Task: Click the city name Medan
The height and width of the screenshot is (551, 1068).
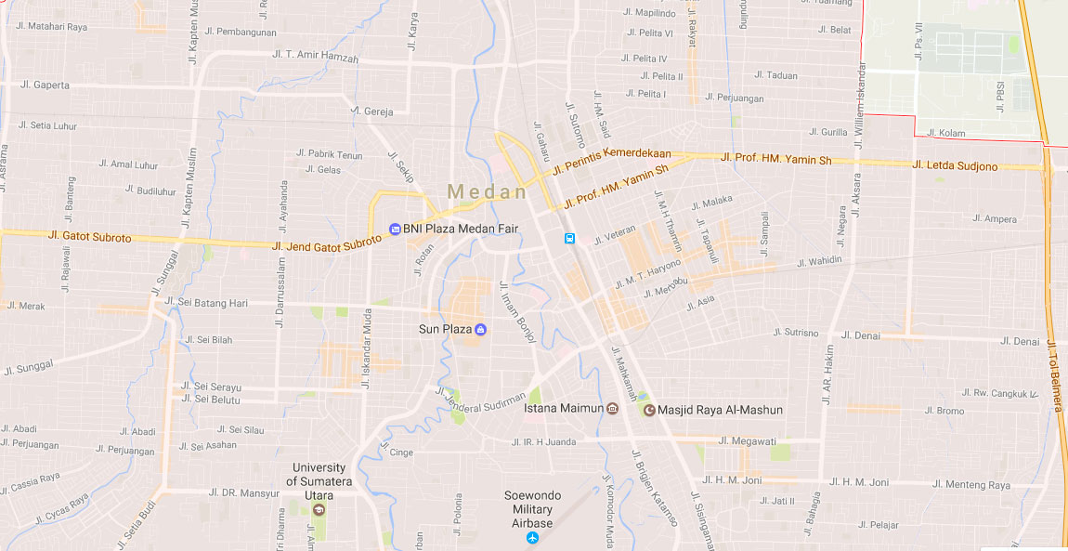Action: [x=487, y=191]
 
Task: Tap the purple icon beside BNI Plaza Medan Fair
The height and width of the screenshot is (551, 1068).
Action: [x=395, y=229]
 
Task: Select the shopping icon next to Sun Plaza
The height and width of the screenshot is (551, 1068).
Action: [x=480, y=330]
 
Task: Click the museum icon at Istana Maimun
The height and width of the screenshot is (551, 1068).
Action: [x=612, y=409]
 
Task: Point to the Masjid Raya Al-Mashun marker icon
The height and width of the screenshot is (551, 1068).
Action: [x=649, y=410]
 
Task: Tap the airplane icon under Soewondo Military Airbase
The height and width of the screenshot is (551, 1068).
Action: [x=532, y=538]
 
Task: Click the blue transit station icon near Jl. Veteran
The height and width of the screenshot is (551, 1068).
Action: [x=569, y=239]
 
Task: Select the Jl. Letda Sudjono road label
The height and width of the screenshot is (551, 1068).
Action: [x=955, y=166]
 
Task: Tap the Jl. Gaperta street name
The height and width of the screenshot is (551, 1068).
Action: [x=45, y=85]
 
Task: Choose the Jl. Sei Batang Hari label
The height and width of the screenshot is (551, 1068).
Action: [x=206, y=302]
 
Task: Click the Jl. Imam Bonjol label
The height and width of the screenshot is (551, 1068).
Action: [x=517, y=312]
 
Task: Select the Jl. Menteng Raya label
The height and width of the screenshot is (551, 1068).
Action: [x=971, y=485]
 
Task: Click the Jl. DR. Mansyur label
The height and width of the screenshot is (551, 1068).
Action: [x=244, y=492]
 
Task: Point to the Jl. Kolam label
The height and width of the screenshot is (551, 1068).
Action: [x=946, y=134]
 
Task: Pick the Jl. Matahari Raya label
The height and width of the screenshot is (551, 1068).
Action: [x=51, y=27]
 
